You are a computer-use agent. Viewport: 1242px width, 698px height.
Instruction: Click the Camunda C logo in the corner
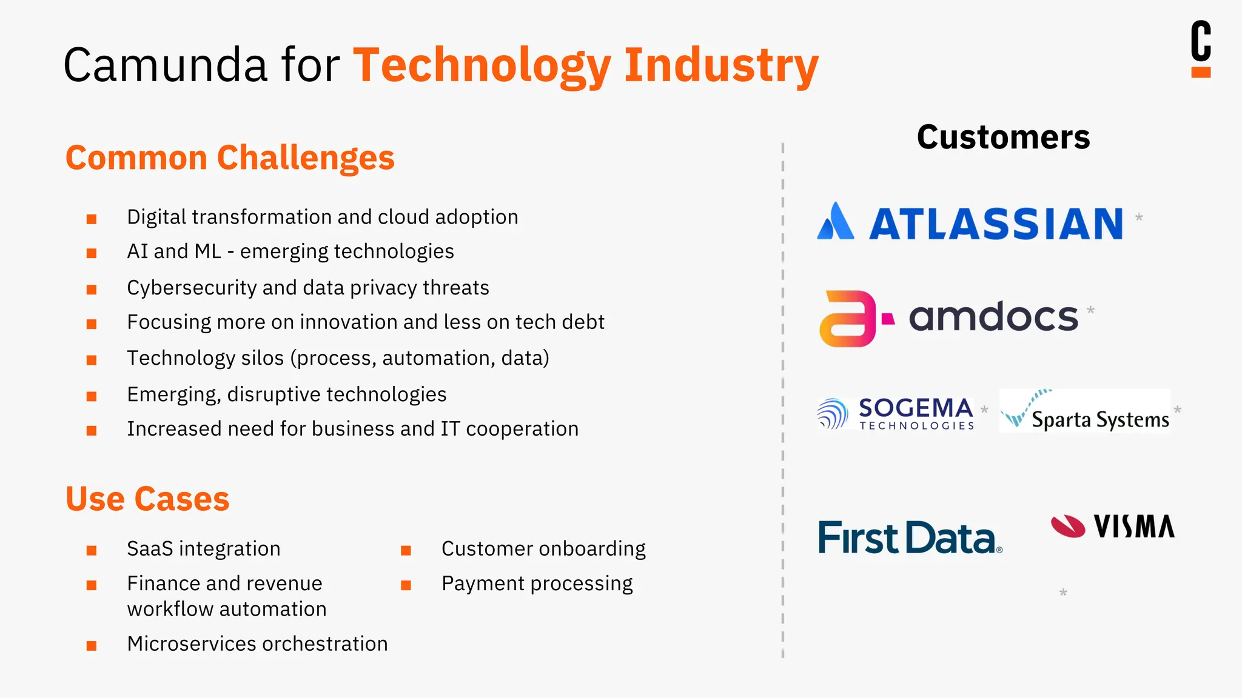click(1201, 48)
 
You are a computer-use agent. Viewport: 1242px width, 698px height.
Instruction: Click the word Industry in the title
click(721, 65)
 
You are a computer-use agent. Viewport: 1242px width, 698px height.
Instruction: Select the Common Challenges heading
click(230, 158)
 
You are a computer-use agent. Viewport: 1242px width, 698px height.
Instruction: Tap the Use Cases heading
click(147, 499)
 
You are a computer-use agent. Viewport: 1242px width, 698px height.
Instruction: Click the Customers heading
click(1003, 138)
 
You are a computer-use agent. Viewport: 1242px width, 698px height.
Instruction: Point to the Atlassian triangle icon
click(836, 222)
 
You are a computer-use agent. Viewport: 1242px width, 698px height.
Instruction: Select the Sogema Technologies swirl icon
click(833, 414)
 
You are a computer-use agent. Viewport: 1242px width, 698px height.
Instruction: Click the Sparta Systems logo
click(1085, 411)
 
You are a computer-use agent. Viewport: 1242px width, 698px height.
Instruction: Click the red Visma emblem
click(1068, 526)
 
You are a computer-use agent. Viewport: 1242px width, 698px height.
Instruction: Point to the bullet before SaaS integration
click(92, 550)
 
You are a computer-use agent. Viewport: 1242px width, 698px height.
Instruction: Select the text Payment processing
click(537, 583)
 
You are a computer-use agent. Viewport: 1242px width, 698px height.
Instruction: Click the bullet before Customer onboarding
click(406, 550)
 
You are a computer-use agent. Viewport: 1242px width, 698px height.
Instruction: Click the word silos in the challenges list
click(262, 358)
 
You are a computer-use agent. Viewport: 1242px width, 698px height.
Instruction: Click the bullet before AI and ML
click(92, 253)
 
